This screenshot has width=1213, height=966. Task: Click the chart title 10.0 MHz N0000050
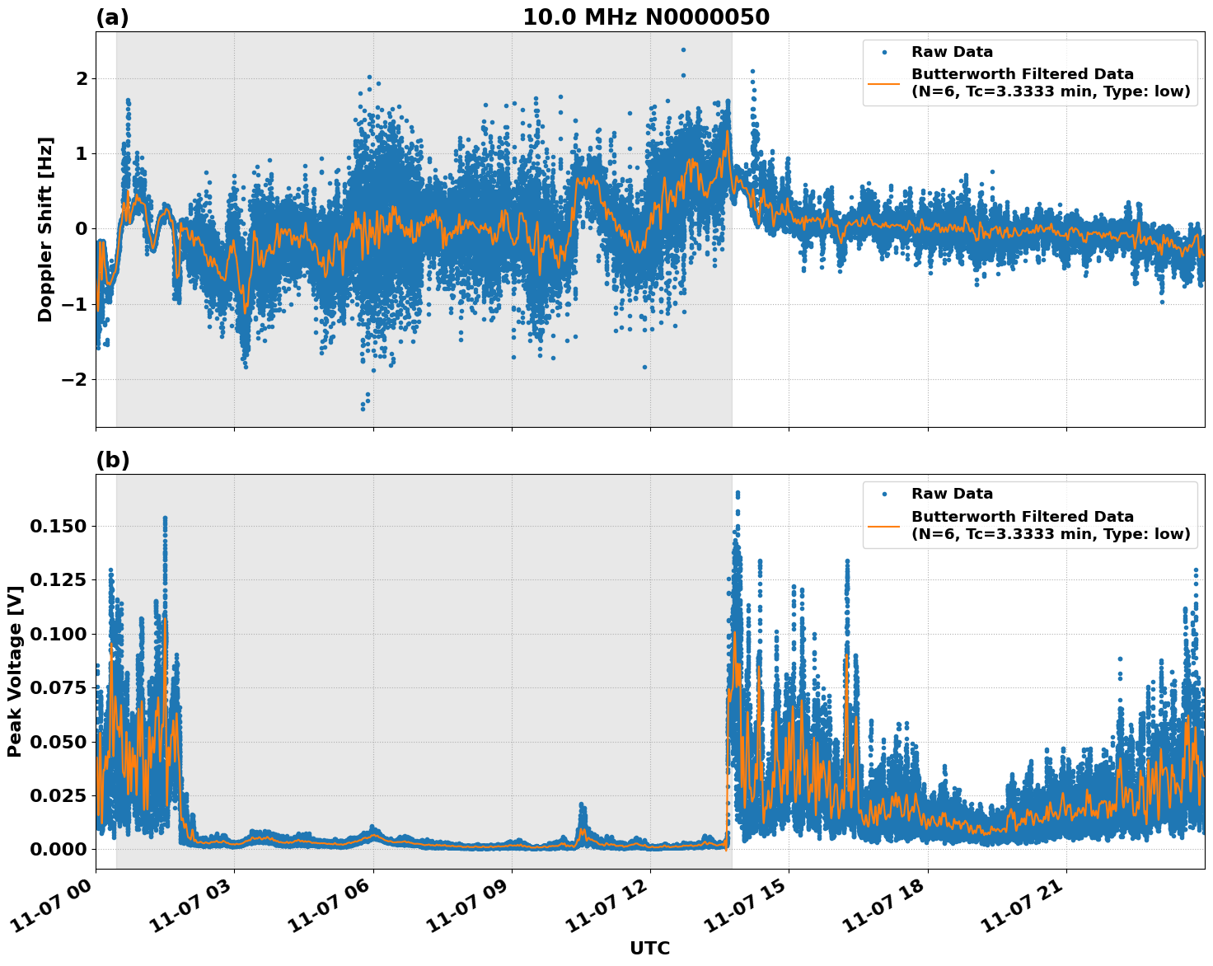coord(645,17)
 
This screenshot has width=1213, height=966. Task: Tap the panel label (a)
coord(112,17)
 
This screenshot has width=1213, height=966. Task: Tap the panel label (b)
coord(112,460)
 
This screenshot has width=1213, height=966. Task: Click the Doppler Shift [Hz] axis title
coord(45,229)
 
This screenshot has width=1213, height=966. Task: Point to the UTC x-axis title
coord(649,948)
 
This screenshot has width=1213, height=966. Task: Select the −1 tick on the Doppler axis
coord(76,304)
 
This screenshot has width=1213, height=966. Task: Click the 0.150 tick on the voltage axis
coord(58,526)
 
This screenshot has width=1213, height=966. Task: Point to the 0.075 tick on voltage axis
coord(58,687)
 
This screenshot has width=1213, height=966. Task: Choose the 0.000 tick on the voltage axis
coord(58,849)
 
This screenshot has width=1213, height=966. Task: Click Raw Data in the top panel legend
coord(952,52)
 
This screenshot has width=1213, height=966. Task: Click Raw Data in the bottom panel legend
coord(952,494)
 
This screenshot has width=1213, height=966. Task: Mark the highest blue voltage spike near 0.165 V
coord(737,493)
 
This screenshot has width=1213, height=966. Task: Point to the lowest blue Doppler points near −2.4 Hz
coord(363,407)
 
